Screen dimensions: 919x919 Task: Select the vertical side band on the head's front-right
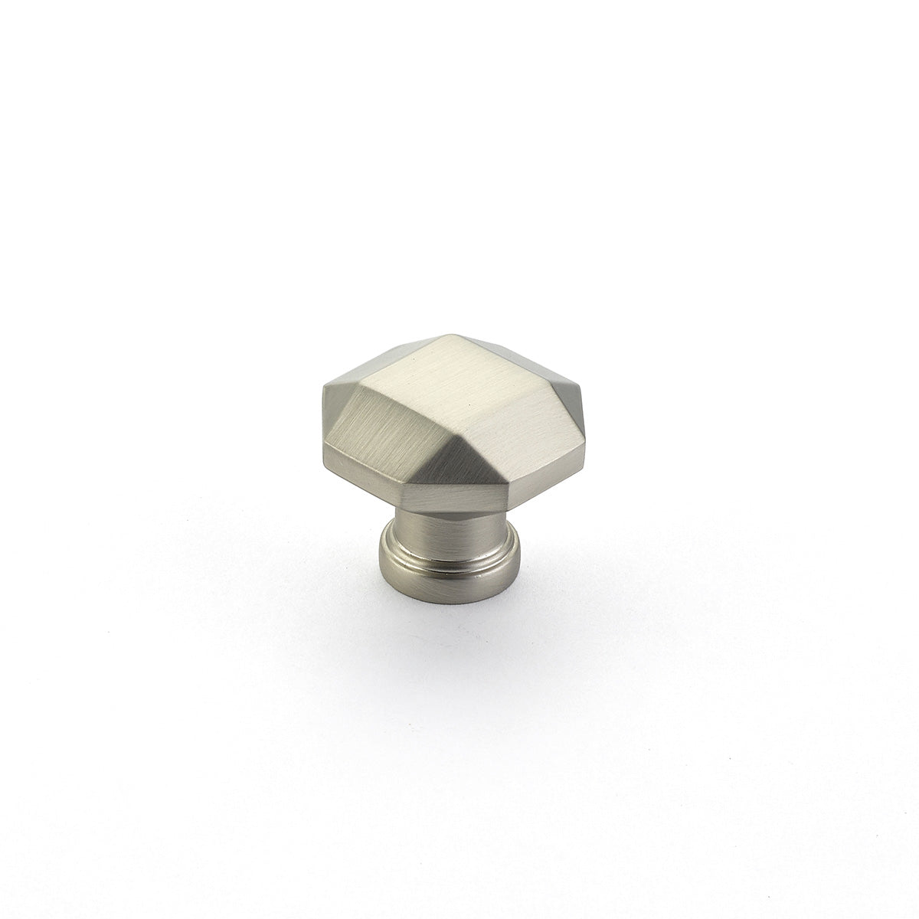(536, 467)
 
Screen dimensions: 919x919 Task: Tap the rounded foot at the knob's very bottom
(452, 567)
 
